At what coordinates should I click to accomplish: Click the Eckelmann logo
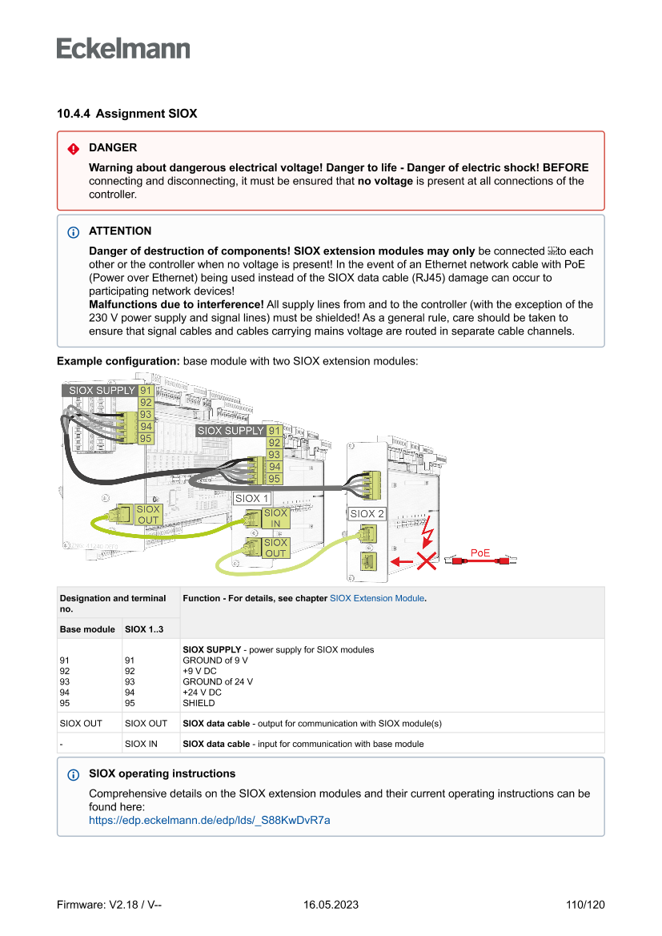tap(123, 48)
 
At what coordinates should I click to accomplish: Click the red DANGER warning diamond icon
tap(74, 148)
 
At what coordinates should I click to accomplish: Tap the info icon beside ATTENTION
tap(74, 231)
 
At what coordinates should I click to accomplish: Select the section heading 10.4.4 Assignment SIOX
tap(126, 114)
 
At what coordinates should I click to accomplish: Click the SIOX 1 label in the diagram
tap(251, 498)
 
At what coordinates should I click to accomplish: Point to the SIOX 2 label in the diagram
tap(367, 513)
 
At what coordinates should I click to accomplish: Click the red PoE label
tap(480, 552)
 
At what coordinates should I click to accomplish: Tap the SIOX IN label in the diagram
tap(275, 518)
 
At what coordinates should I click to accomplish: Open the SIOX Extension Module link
tap(377, 598)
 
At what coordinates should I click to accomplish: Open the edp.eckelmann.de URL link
tap(210, 820)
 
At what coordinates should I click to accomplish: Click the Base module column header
tap(87, 629)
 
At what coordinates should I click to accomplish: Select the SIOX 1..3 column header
tap(144, 629)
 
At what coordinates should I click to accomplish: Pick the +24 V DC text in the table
tap(203, 693)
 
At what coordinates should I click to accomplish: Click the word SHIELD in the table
tap(199, 703)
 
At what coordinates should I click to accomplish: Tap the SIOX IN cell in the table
tap(141, 744)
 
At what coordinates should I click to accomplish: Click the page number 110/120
tap(585, 905)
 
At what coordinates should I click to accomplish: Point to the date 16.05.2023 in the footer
tap(331, 905)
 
